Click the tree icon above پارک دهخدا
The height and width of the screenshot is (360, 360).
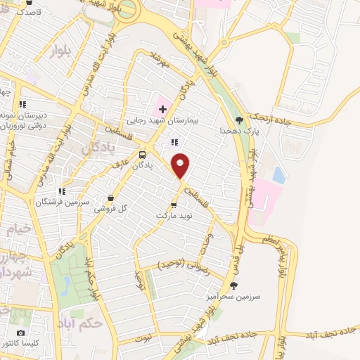239,120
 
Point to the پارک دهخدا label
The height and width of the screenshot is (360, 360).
239,131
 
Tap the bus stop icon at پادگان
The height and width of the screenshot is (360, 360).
143,155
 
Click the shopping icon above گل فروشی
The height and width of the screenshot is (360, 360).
111,198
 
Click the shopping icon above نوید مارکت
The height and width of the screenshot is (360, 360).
174,205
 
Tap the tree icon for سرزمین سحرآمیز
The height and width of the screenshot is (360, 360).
233,285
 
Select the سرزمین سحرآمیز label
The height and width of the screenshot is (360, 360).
239,297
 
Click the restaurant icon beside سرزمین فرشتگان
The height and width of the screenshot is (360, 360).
62,191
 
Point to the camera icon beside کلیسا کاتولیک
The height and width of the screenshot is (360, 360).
20,333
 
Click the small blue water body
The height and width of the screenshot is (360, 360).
278,174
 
